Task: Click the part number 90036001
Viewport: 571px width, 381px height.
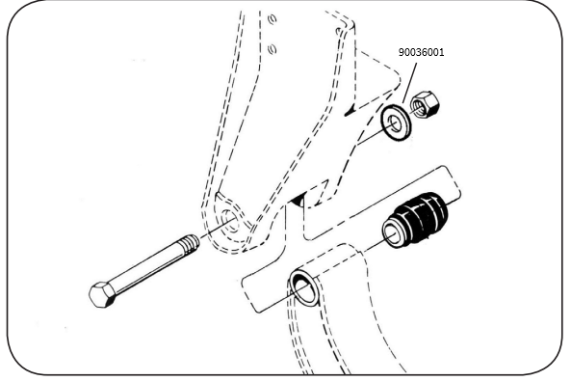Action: [x=422, y=52]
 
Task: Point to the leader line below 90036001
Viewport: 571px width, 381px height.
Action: [x=409, y=83]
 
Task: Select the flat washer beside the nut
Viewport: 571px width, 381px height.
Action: [x=396, y=122]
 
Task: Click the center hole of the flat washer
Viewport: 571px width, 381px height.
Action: [x=395, y=123]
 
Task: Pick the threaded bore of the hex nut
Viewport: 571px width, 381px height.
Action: [x=420, y=108]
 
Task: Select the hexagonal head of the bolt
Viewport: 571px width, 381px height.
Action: [x=102, y=294]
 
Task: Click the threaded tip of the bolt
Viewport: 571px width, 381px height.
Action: [x=190, y=243]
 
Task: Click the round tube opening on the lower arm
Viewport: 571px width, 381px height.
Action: [x=303, y=287]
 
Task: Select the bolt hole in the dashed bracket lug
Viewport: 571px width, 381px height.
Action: [x=230, y=222]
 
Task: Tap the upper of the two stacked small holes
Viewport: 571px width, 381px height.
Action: [x=273, y=18]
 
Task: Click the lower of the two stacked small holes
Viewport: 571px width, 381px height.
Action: [x=273, y=48]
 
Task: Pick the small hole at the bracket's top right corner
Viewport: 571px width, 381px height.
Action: [x=339, y=32]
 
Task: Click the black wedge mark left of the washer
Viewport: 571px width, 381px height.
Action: [x=350, y=110]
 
